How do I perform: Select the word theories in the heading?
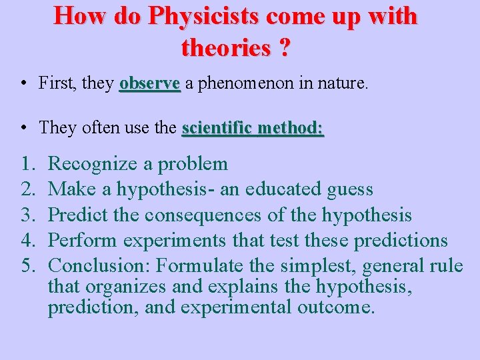[223, 47]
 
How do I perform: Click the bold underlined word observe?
[150, 83]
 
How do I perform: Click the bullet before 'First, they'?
[23, 84]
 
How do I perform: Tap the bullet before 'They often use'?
[23, 127]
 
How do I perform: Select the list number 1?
[26, 164]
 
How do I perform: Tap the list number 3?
[26, 215]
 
